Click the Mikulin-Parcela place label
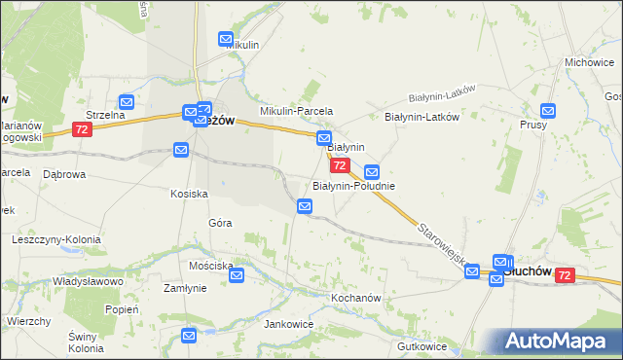[x=296, y=111]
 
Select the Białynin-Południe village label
[x=353, y=185]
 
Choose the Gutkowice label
[x=421, y=346]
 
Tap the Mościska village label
[x=212, y=266]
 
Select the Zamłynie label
[x=185, y=288]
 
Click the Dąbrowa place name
[x=65, y=174]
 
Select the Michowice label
[x=587, y=62]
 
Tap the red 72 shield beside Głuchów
[x=564, y=276]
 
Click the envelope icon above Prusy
[x=548, y=112]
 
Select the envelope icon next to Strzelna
[x=127, y=101]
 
